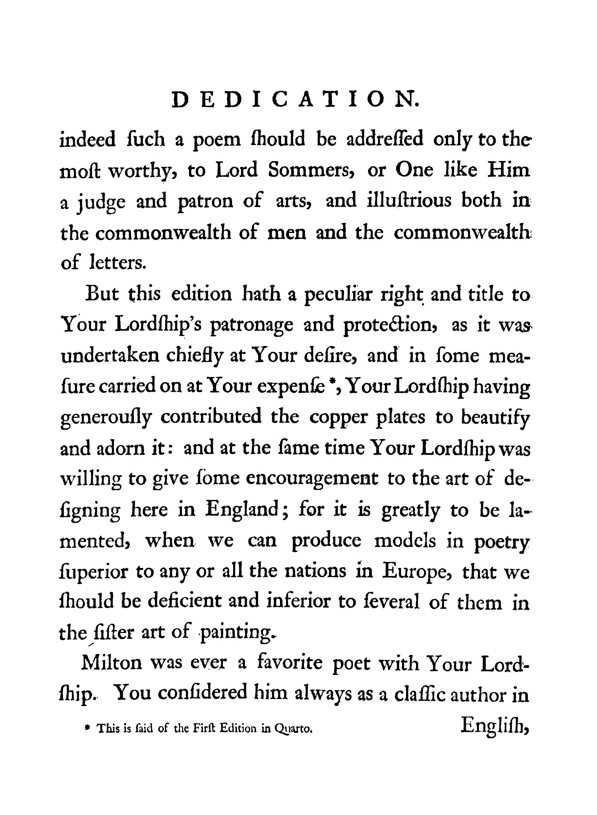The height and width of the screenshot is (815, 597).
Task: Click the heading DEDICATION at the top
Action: [296, 100]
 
